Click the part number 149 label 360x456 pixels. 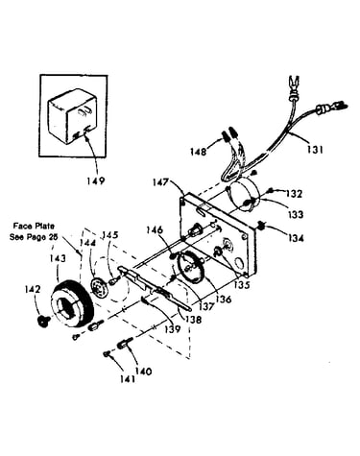coord(96,180)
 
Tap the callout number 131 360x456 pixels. coord(315,150)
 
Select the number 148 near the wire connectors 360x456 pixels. coord(198,151)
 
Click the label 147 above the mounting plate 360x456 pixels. coord(160,182)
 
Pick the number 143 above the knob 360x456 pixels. coord(58,258)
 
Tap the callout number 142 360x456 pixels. coord(33,289)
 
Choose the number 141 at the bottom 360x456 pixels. coord(128,379)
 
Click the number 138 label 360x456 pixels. coord(193,319)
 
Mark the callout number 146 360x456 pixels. coord(155,229)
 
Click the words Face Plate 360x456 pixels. coord(34,226)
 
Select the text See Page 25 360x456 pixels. coord(32,237)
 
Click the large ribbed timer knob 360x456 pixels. coord(72,303)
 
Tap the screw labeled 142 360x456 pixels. coord(41,321)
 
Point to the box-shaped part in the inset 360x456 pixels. coord(72,116)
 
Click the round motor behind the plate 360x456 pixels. coord(242,195)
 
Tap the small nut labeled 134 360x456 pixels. coord(261,227)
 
